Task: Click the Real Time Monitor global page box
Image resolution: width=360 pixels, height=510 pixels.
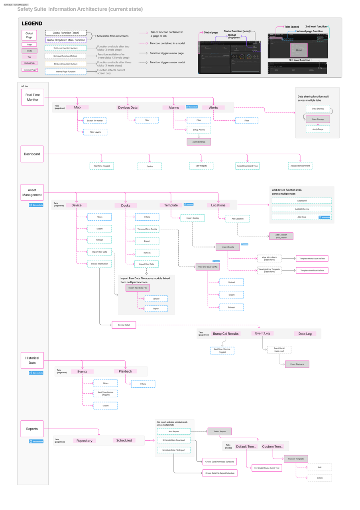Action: (32, 97)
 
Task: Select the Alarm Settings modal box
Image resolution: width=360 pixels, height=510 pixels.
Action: (199, 142)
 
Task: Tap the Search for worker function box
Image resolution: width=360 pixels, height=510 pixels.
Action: (95, 121)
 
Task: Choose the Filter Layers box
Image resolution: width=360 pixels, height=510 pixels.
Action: (95, 132)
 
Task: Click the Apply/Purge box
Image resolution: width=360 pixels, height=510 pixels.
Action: (318, 129)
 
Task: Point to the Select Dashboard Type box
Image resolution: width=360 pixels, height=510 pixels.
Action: (247, 166)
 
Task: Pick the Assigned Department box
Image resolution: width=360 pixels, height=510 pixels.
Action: (300, 166)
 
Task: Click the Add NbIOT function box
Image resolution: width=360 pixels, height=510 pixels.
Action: (302, 201)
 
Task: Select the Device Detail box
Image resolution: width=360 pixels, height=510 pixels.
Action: (124, 325)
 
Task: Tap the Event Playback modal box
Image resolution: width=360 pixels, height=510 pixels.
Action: (297, 364)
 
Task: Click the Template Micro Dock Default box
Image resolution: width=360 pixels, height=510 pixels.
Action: (312, 259)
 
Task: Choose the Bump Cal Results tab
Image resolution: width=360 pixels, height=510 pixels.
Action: (226, 333)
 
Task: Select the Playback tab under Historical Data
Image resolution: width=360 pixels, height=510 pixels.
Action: (125, 371)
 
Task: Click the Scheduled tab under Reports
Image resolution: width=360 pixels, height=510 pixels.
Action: (124, 440)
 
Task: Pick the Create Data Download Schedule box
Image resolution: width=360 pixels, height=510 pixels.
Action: (219, 461)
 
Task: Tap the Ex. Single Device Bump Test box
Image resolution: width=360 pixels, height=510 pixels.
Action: (267, 467)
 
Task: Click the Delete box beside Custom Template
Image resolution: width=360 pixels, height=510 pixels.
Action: (320, 478)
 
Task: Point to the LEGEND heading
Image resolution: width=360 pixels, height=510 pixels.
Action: (32, 24)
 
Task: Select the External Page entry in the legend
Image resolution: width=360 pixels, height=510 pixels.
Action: (30, 70)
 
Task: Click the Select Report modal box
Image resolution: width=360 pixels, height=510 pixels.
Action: (219, 431)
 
